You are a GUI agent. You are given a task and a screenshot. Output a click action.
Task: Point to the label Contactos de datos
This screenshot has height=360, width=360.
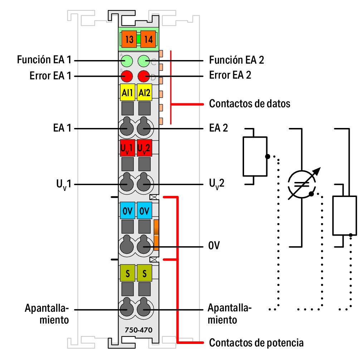point(249,104)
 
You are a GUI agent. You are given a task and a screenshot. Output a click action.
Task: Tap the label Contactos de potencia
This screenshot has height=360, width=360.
point(256,342)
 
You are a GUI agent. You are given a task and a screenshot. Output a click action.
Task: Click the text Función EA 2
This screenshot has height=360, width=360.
point(237,60)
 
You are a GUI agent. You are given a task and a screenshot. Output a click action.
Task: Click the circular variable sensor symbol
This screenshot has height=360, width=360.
point(302,185)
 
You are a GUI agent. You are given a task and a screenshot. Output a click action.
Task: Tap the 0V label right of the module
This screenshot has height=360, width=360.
point(214,246)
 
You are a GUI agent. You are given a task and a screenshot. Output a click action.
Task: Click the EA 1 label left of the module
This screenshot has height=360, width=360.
point(62,128)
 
